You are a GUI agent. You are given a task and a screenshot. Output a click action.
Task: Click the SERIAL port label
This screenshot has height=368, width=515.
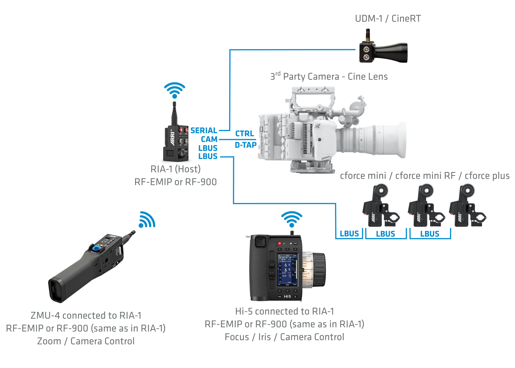tap(203, 130)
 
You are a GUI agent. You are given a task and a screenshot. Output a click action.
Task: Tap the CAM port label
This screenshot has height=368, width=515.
tap(209, 139)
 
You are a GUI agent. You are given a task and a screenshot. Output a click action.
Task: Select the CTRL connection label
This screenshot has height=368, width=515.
tap(244, 133)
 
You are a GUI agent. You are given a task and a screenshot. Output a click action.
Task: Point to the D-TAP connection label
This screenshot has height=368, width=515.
tap(246, 145)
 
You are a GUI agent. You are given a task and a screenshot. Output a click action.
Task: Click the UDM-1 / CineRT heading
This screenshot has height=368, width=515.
tap(388, 18)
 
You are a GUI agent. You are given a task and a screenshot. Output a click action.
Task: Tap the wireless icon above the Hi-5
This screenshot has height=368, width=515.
tap(292, 219)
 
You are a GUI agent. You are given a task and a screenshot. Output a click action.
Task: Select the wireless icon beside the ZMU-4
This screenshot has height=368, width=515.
tap(147, 220)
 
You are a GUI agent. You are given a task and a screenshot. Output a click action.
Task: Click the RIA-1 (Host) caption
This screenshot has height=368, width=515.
tap(175, 169)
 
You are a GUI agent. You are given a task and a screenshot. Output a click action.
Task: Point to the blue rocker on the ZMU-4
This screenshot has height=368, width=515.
tap(97, 248)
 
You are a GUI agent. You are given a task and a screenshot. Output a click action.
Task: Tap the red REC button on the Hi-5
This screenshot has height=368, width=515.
tap(280, 244)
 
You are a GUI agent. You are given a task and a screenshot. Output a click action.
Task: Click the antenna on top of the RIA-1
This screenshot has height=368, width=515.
tap(174, 113)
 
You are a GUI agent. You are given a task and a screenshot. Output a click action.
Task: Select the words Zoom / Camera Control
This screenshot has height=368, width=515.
tap(86, 341)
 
